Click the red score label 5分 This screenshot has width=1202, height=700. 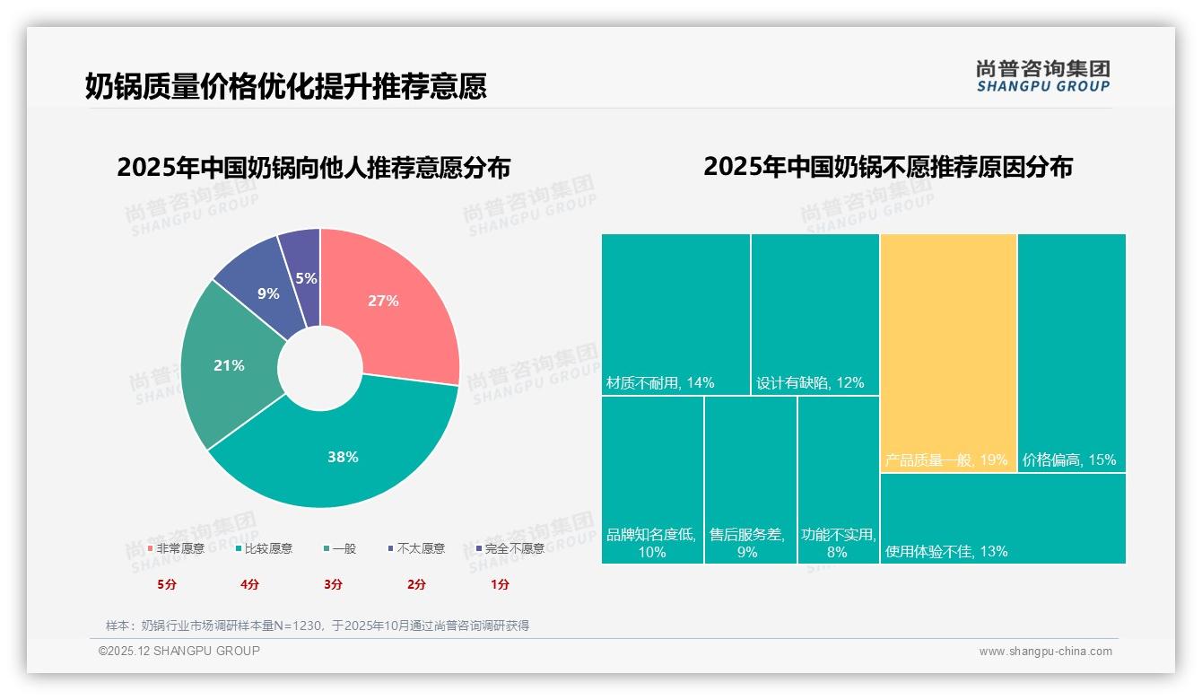click(167, 584)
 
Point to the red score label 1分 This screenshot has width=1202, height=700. click(500, 584)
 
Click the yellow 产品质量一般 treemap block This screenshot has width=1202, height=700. click(948, 350)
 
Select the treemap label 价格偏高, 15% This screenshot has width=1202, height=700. click(1069, 459)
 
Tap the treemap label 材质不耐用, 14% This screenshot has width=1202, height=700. click(660, 382)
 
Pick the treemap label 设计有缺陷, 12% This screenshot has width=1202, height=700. click(810, 382)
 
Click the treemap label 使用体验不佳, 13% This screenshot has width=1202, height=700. click(946, 551)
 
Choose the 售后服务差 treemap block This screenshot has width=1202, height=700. click(750, 480)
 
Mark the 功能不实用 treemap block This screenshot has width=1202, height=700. click(838, 480)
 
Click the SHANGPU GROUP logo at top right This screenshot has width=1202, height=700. click(1043, 75)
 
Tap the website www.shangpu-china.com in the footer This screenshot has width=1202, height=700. click(1045, 652)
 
